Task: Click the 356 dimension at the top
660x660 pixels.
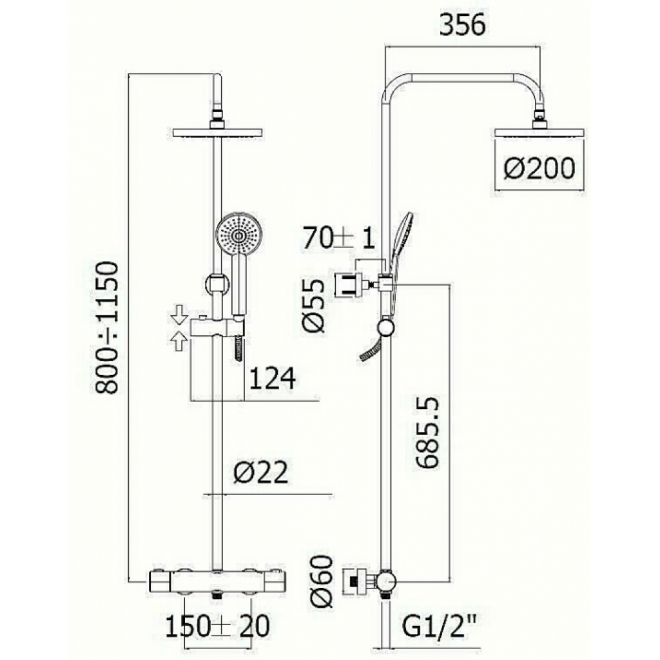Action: (462, 24)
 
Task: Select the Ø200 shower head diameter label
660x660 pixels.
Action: (539, 168)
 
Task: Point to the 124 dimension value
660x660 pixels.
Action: (273, 378)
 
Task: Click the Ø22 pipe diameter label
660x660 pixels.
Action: (261, 472)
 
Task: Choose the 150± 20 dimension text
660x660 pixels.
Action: (217, 626)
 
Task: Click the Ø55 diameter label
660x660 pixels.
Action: (314, 306)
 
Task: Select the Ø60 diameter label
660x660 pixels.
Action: (321, 581)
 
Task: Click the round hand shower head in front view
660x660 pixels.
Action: (236, 235)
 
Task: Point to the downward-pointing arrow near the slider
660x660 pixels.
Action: (180, 315)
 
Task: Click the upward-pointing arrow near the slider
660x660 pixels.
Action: (180, 340)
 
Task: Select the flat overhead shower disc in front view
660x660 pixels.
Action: (218, 132)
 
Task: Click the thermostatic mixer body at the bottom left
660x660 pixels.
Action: (217, 582)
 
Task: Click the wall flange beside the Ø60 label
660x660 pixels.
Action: (358, 582)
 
